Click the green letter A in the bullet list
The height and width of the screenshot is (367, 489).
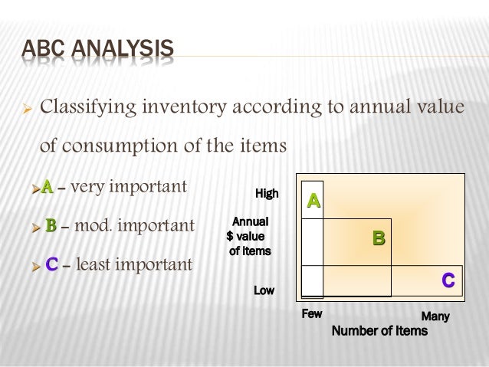(48, 186)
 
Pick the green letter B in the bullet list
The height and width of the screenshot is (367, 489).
(51, 226)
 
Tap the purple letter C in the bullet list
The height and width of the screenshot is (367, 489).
(51, 265)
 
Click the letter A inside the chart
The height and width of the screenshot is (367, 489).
(313, 201)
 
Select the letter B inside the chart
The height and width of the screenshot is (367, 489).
(379, 239)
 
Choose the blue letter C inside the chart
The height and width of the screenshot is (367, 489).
(448, 281)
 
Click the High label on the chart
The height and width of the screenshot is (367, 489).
(267, 194)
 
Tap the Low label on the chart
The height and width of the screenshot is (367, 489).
(264, 290)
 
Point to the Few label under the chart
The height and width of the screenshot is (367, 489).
(312, 314)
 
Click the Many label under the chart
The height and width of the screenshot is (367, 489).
(435, 316)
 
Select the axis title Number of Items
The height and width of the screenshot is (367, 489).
(379, 331)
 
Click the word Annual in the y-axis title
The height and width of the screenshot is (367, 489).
(250, 221)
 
